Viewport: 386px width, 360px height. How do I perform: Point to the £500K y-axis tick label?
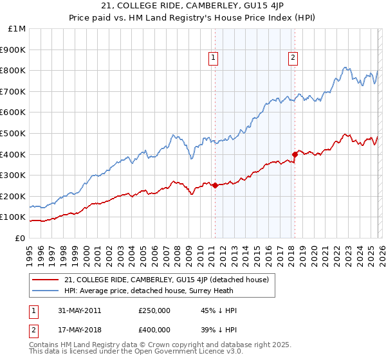(x=14, y=133)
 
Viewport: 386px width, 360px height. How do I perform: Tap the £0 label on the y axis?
(x=21, y=238)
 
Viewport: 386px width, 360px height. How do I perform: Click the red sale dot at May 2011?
(x=215, y=185)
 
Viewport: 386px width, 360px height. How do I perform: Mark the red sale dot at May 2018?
(x=295, y=154)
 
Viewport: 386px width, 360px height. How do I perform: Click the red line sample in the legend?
(x=46, y=280)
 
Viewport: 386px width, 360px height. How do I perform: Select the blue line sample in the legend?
(x=46, y=291)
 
